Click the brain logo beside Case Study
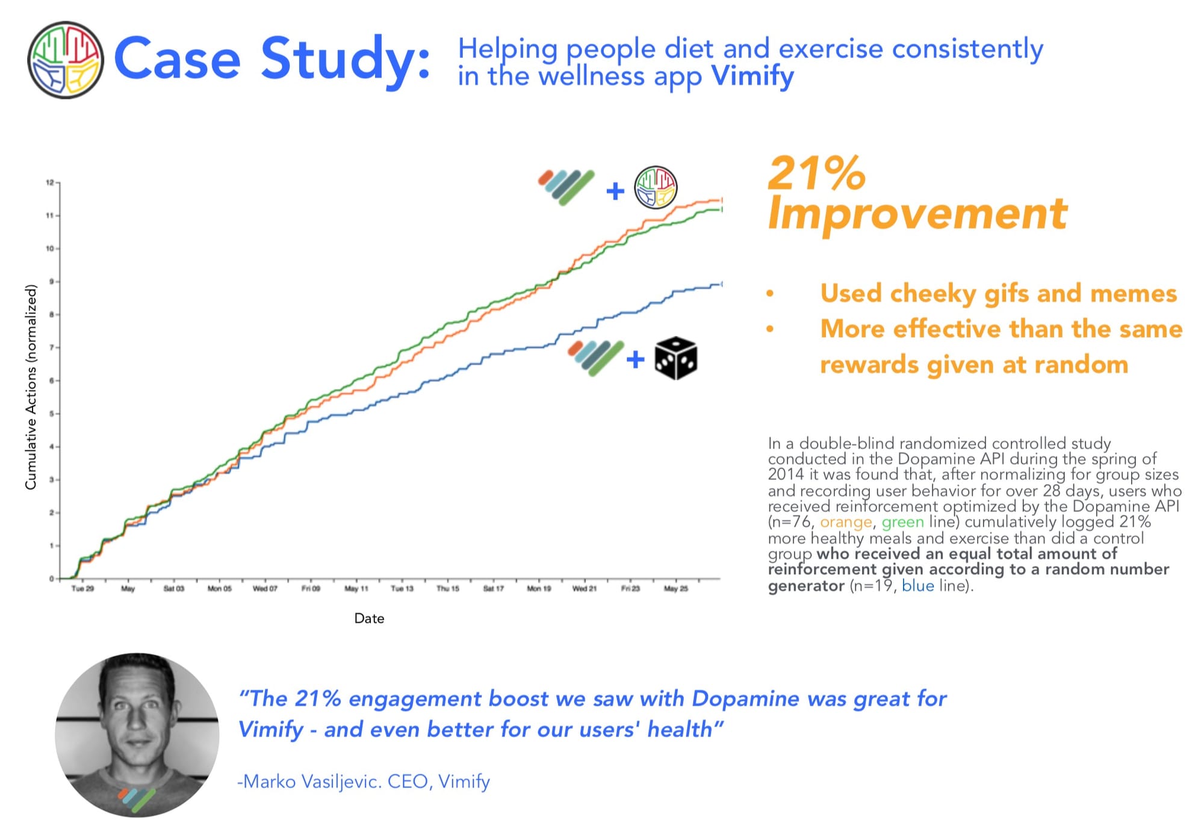pos(66,60)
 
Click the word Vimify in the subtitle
pos(752,77)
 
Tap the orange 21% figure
pos(817,173)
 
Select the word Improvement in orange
pos(917,214)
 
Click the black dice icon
pos(676,358)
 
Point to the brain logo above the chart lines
pos(656,187)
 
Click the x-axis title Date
pos(369,618)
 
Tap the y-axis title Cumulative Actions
pos(31,387)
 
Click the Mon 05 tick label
pos(219,588)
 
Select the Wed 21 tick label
pos(584,588)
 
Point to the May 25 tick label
pos(675,588)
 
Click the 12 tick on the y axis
pos(50,182)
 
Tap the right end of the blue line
pos(721,284)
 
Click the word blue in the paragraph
pos(918,586)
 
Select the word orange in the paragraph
pos(846,522)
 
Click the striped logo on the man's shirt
pos(137,799)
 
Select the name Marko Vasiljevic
pos(309,781)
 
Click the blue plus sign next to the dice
pos(635,360)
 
